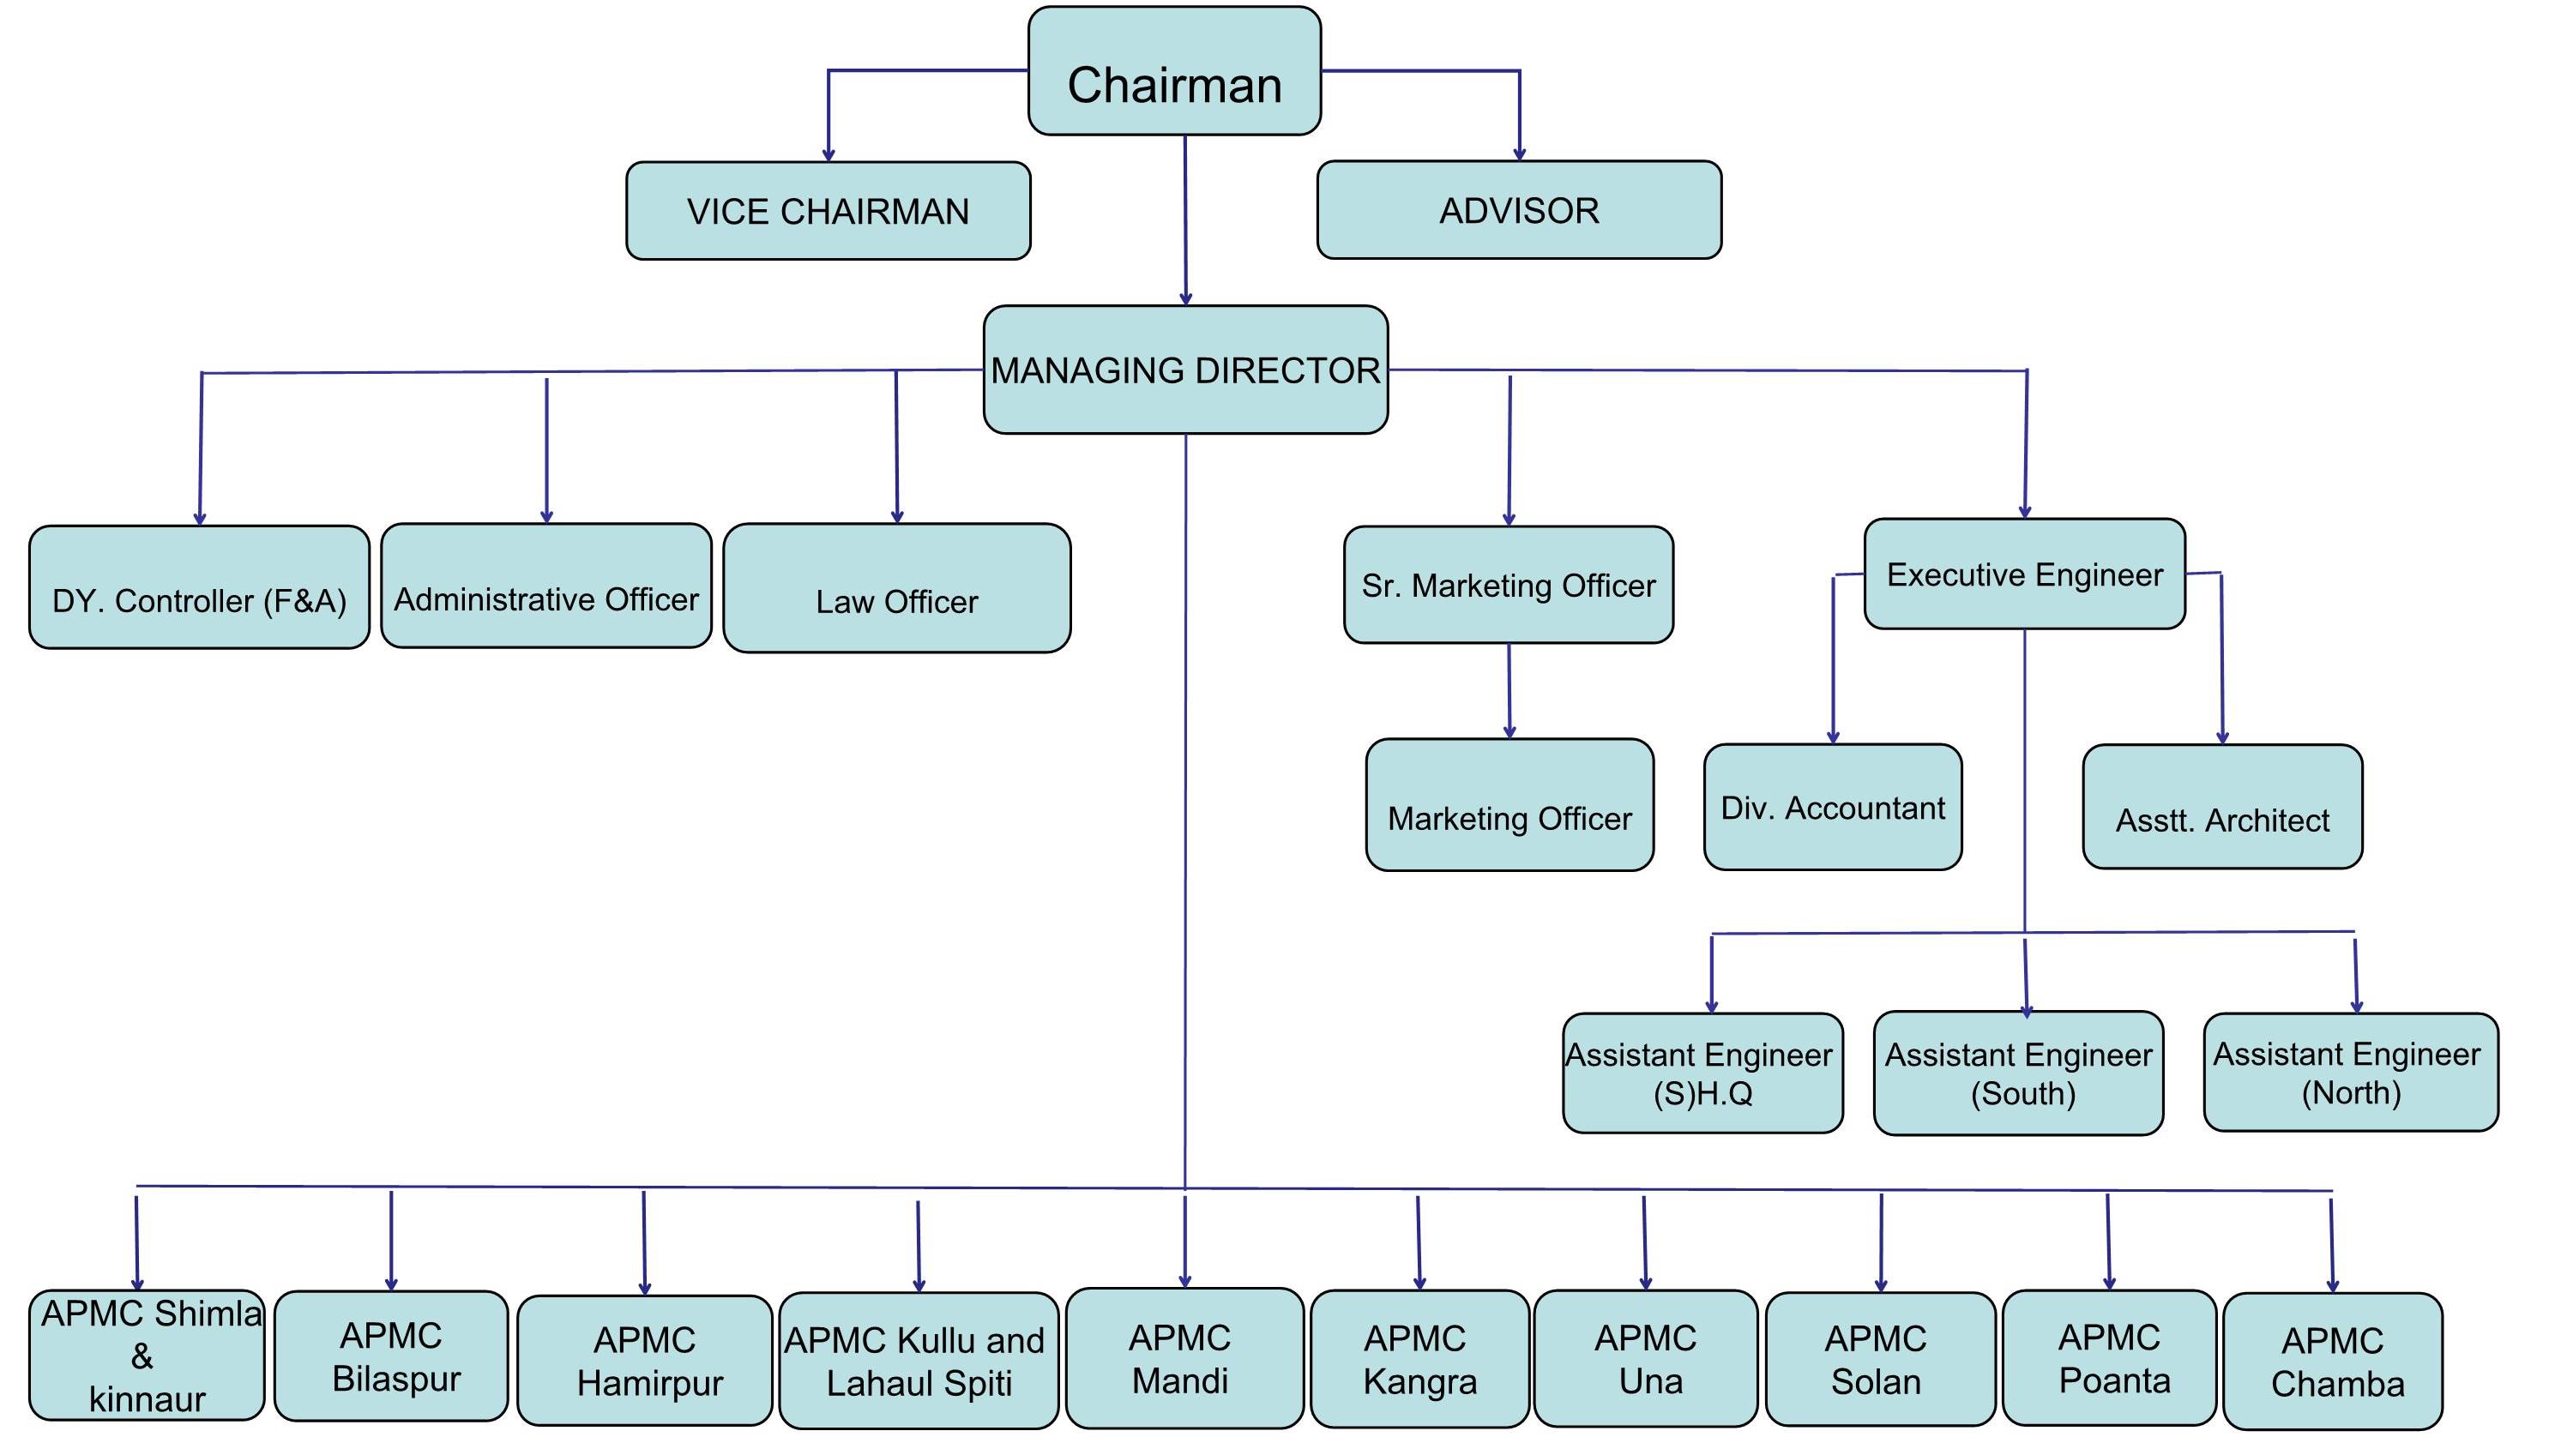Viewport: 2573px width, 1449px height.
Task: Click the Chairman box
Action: click(1175, 72)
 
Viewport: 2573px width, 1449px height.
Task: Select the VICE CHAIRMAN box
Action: click(828, 211)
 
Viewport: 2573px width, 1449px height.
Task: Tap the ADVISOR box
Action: click(1519, 210)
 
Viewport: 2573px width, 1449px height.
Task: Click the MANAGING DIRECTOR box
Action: click(1185, 370)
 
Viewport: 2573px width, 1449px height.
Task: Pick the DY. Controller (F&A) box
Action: click(199, 587)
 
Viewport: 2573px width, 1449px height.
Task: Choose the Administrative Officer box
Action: click(546, 586)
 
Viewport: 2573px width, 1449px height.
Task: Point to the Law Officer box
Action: click(897, 588)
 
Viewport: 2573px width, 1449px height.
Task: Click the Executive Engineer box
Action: click(2025, 574)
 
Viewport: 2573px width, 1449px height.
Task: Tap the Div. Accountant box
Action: click(1833, 807)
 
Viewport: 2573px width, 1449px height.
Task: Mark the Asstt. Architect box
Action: click(2222, 807)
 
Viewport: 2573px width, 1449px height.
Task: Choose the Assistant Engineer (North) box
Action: click(2350, 1073)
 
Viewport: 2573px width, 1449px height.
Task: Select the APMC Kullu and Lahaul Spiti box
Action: click(918, 1360)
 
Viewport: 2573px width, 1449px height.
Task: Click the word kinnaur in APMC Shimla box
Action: click(147, 1399)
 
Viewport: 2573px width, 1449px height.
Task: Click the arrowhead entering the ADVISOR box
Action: click(1519, 153)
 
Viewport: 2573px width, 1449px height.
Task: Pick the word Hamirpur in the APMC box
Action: click(650, 1383)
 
